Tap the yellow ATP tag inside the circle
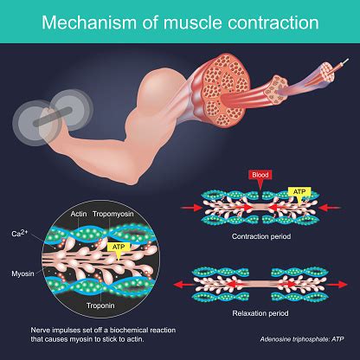tap(119, 246)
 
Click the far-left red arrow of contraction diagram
tap(185, 208)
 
